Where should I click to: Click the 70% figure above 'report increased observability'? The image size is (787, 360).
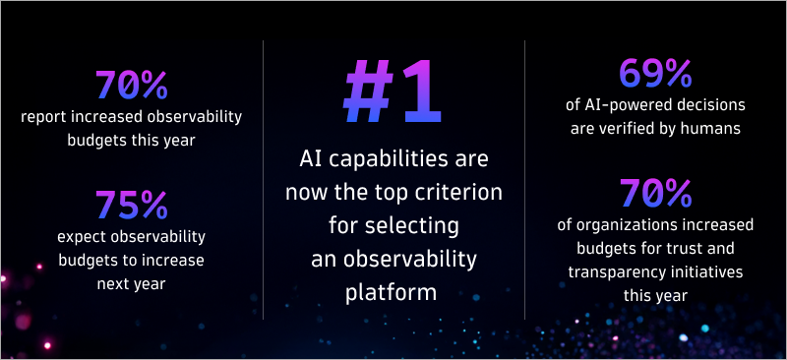pos(132,86)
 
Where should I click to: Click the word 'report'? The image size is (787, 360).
pos(44,118)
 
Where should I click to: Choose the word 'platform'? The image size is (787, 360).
pos(393,293)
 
